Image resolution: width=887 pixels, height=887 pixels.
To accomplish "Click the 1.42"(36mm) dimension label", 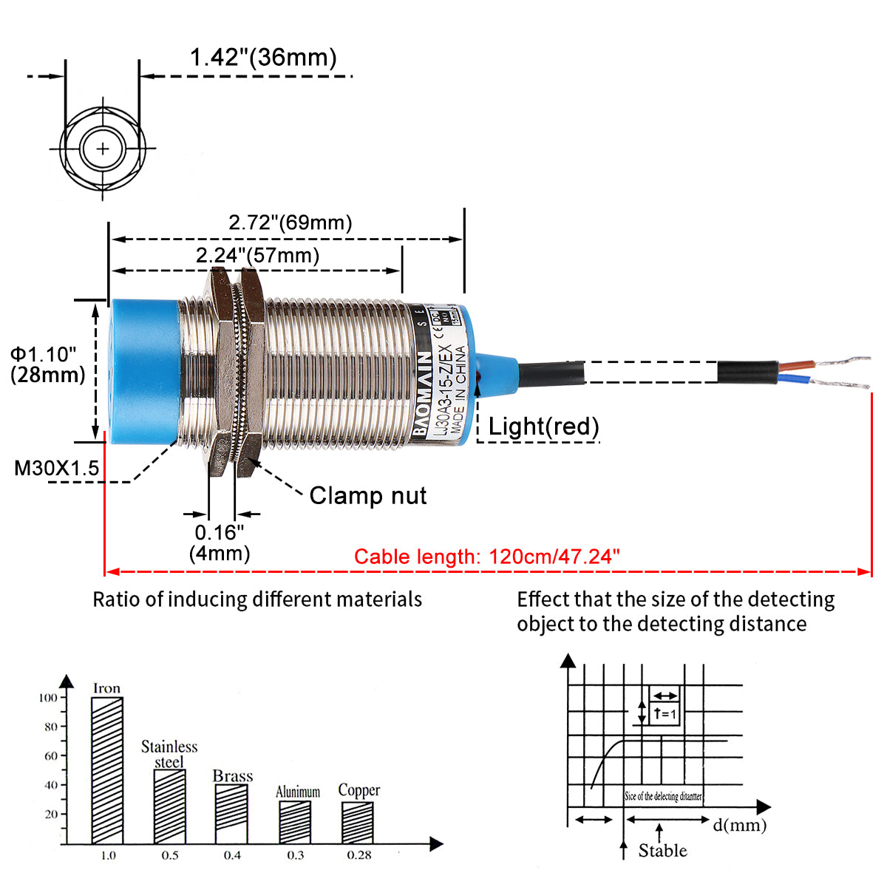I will (263, 58).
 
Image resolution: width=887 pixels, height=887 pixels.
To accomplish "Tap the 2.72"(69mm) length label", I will (290, 222).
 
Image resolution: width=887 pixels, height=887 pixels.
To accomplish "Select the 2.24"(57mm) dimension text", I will (257, 256).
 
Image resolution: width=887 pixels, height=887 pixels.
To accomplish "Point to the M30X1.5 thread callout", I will (57, 468).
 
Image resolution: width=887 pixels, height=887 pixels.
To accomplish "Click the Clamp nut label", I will (367, 495).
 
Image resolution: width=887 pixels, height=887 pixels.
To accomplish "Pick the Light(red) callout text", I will (543, 426).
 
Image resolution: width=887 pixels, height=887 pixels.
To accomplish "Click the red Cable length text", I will (486, 557).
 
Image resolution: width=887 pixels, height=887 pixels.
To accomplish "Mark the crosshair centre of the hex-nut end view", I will (102, 149).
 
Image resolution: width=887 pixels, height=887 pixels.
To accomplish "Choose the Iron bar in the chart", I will (107, 769).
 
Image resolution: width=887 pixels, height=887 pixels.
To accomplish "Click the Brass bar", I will (231, 813).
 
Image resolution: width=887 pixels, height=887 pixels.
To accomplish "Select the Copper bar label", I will (358, 790).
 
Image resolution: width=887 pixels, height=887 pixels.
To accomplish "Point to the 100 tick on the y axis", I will (48, 698).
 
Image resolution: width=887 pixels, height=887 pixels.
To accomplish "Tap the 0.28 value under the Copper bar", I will (358, 855).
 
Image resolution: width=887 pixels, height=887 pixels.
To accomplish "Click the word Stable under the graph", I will (662, 851).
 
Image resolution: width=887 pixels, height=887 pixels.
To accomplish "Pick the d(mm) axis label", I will (739, 825).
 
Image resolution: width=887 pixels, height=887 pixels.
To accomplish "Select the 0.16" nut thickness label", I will (220, 532).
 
